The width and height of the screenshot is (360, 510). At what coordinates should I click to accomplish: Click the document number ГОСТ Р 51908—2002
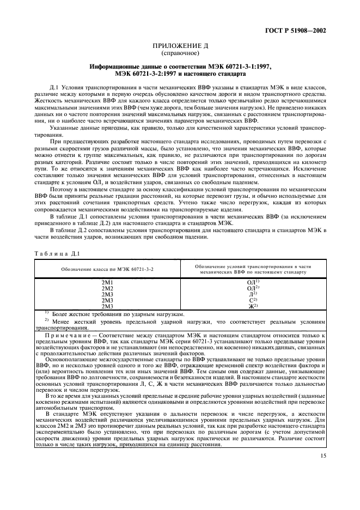pos(295,31)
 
